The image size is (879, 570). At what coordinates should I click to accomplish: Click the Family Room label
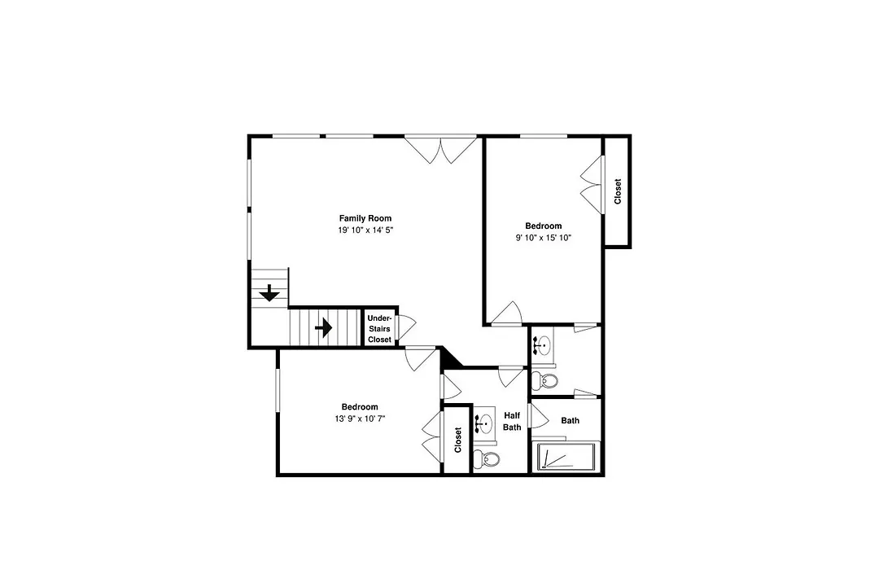(365, 218)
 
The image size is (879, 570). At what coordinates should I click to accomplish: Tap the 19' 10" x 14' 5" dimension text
(365, 230)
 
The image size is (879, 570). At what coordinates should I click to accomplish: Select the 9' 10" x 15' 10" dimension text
(543, 238)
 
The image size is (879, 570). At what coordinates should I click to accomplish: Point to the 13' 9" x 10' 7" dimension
(360, 419)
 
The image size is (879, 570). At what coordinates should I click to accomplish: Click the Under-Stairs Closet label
(379, 329)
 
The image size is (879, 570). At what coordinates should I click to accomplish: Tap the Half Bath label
(512, 421)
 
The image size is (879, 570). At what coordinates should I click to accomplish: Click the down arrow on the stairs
(269, 293)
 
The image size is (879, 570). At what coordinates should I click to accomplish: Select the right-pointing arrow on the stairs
(323, 327)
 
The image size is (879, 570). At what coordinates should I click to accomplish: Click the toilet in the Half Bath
(487, 459)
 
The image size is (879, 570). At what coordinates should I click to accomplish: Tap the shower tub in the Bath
(566, 457)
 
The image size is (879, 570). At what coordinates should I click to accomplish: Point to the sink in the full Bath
(542, 345)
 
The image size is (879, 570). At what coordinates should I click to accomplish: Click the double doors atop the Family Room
(440, 150)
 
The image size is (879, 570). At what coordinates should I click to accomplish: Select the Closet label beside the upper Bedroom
(618, 191)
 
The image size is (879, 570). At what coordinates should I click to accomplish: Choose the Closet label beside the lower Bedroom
(457, 440)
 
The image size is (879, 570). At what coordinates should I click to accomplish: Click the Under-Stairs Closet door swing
(406, 327)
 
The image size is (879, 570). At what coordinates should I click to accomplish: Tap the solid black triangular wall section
(451, 358)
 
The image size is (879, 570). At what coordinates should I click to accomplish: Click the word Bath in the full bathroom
(570, 420)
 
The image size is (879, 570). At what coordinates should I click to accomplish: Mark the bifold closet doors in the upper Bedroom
(592, 184)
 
